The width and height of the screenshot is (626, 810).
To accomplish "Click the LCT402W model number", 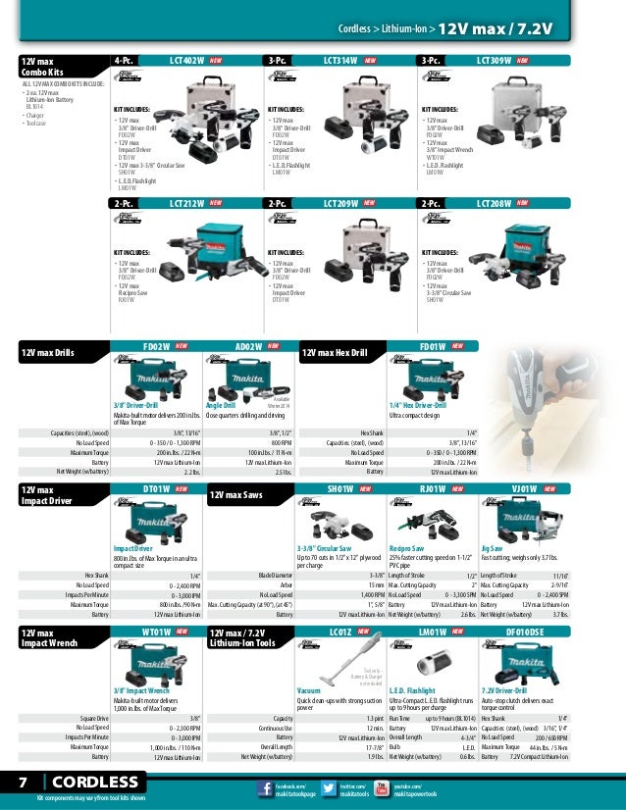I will (x=186, y=61).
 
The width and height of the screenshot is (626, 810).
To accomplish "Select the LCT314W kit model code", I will (x=339, y=61).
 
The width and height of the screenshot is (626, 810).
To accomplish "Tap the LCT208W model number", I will (x=494, y=204).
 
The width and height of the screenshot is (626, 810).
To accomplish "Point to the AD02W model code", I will (x=249, y=346).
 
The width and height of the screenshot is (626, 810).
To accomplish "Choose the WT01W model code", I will (x=156, y=633).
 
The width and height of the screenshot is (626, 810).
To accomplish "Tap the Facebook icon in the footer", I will (x=263, y=788).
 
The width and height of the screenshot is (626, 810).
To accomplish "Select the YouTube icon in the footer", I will (x=382, y=788).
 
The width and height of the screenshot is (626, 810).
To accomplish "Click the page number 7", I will (x=22, y=782).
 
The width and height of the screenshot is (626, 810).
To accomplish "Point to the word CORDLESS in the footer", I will (x=96, y=782).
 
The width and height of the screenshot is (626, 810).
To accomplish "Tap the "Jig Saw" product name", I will (x=492, y=548).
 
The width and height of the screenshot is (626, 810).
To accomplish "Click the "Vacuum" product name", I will (x=309, y=691).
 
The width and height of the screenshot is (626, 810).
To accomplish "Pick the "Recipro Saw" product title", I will (x=405, y=548).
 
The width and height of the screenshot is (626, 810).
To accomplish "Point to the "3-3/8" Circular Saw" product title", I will (x=325, y=548).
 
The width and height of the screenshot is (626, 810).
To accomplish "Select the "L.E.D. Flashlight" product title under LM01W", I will (x=411, y=691).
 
